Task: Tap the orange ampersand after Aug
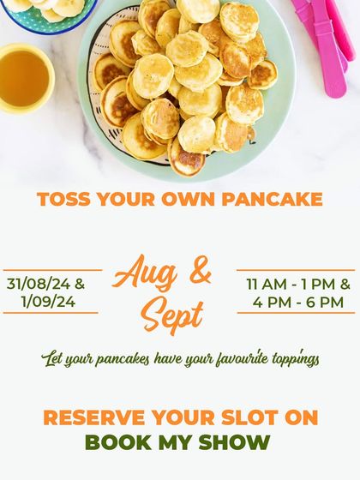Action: tap(199, 273)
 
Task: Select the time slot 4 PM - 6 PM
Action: tap(297, 302)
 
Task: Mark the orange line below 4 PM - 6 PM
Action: tap(296, 314)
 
